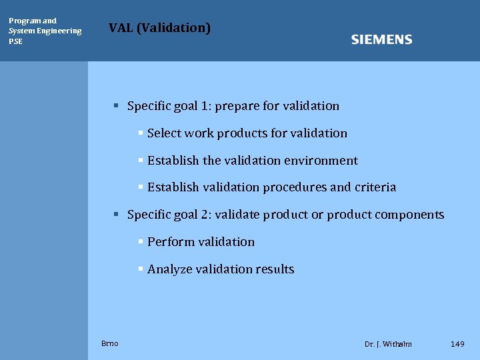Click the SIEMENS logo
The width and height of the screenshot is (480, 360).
381,40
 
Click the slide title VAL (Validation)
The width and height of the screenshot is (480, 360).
159,27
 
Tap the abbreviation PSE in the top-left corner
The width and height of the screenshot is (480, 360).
15,41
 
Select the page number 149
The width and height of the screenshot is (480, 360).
457,344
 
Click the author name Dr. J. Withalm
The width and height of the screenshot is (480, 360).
388,344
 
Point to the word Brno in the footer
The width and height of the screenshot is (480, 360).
110,343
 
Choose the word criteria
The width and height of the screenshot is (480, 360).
375,188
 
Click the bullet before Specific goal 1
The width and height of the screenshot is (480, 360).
115,105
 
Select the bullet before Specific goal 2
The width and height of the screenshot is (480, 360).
115,215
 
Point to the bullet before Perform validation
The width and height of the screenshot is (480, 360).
141,242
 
